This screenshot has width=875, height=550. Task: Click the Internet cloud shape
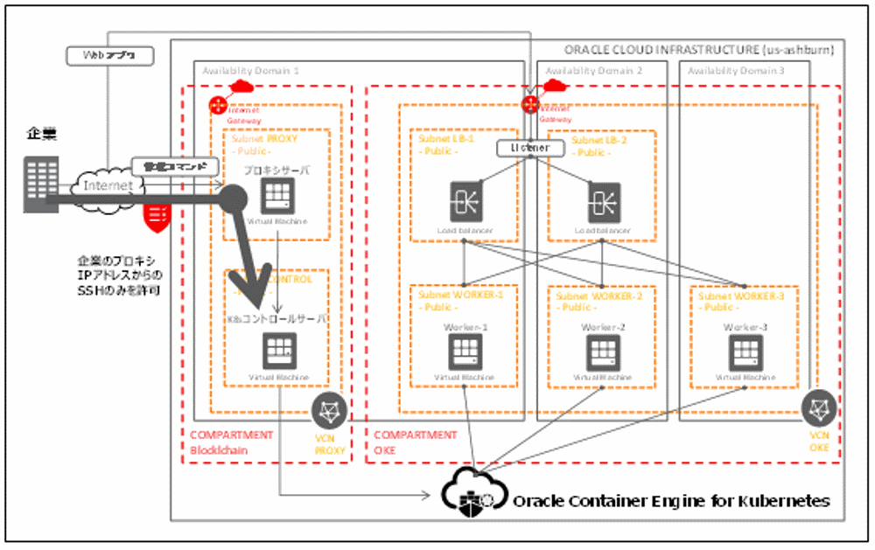[107, 185]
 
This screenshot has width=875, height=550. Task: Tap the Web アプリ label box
[110, 56]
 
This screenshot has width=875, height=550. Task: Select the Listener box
[529, 148]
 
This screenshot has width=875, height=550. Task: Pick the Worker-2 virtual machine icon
[604, 351]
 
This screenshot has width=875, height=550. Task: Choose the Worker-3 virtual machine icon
[745, 351]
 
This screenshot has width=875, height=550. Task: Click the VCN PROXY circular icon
[331, 410]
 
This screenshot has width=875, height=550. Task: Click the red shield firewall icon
[158, 213]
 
